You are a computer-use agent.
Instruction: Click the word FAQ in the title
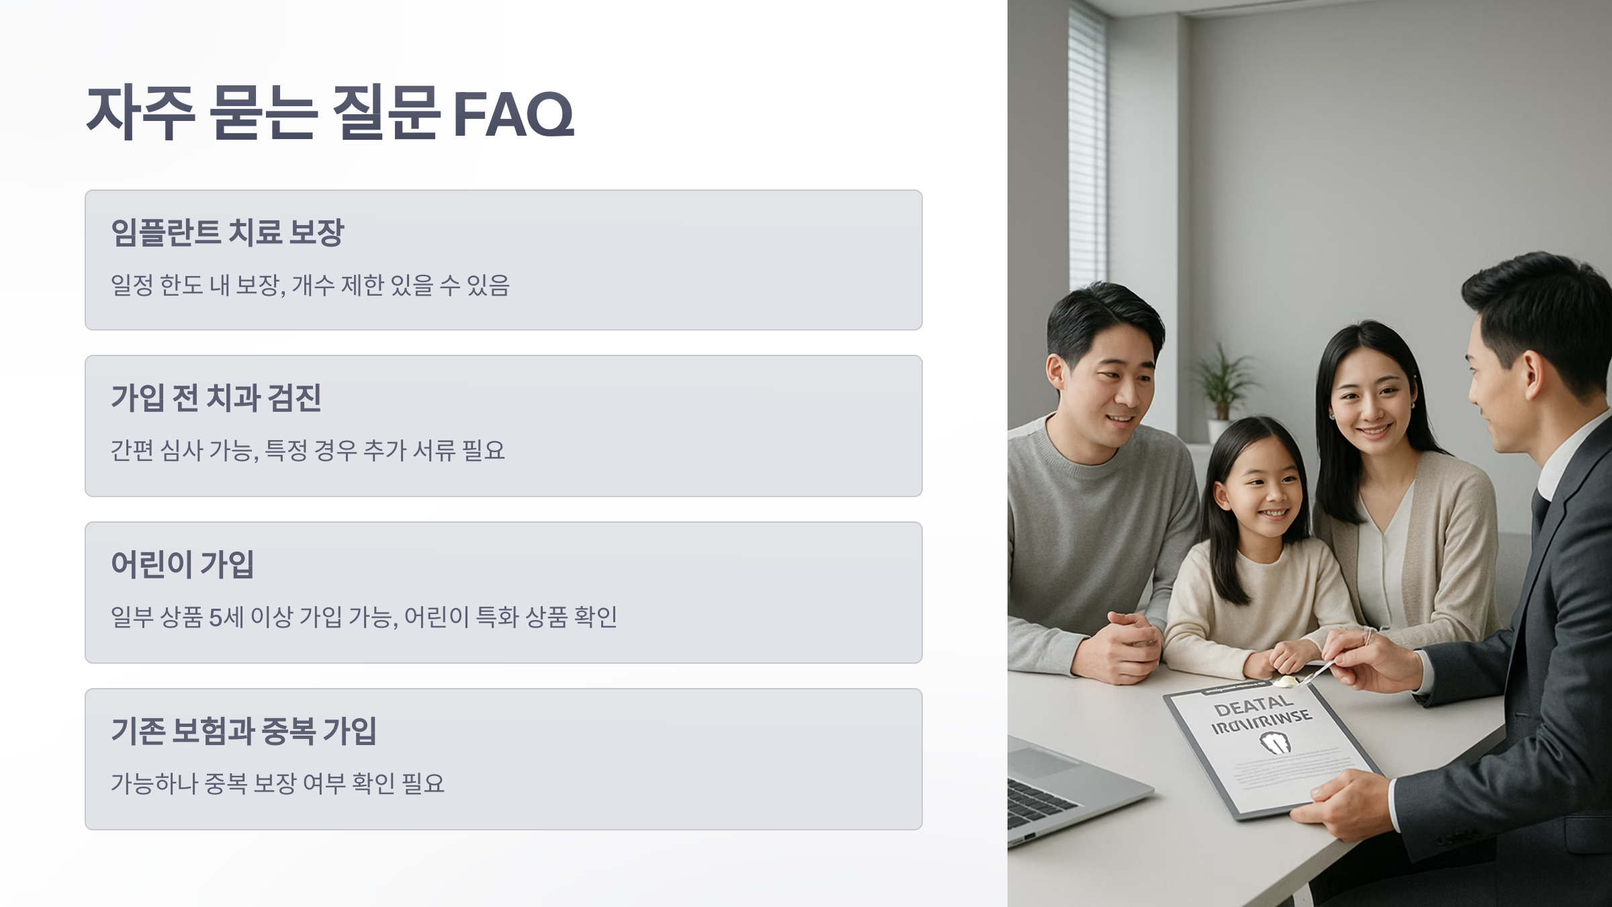tap(514, 114)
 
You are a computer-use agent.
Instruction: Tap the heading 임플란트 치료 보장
tap(227, 232)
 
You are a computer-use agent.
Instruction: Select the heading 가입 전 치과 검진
tap(216, 398)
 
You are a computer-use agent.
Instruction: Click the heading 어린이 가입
tap(182, 564)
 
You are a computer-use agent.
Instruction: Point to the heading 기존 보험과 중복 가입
tap(243, 731)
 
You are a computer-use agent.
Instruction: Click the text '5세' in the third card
tap(226, 617)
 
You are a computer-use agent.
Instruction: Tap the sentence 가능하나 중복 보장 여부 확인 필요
tap(277, 783)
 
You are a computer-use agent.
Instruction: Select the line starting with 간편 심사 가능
tap(308, 450)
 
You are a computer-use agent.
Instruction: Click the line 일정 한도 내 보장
tap(310, 285)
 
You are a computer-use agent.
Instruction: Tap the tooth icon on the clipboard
tap(1274, 742)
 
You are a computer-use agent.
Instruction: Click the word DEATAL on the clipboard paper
tap(1253, 705)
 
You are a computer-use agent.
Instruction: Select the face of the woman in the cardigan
tap(1370, 403)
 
